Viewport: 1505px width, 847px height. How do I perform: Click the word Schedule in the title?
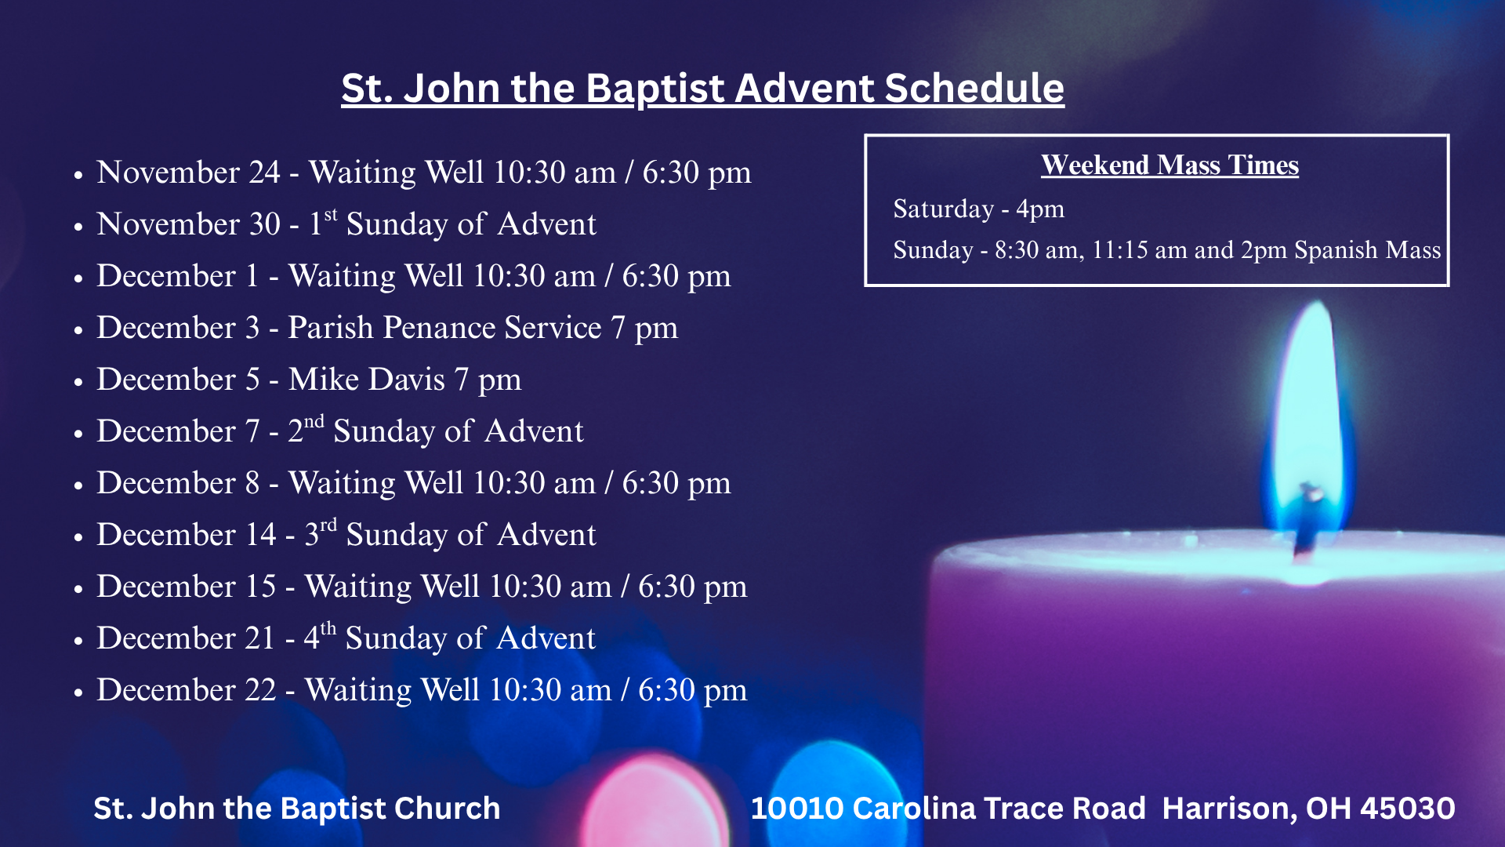click(x=974, y=88)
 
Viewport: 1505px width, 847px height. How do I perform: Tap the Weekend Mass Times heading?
click(x=1170, y=165)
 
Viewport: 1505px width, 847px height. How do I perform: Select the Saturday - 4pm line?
click(x=978, y=209)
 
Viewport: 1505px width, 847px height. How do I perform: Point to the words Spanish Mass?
click(x=1368, y=249)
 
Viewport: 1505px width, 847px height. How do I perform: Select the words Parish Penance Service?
click(x=444, y=328)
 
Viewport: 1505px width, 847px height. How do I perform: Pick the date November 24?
click(x=188, y=173)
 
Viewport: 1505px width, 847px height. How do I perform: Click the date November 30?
click(x=188, y=224)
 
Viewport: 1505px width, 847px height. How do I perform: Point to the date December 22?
click(x=187, y=690)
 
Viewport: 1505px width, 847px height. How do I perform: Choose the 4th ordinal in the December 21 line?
click(x=320, y=637)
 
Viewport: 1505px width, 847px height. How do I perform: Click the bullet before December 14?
click(x=78, y=537)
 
